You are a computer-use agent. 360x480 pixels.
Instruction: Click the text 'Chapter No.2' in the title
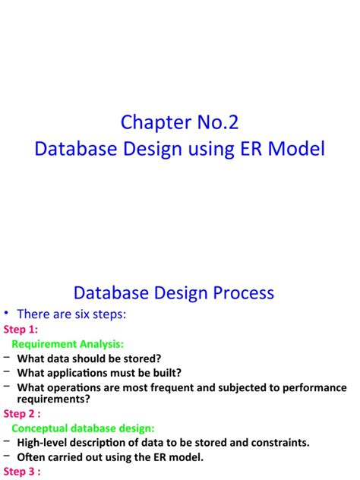tap(179, 122)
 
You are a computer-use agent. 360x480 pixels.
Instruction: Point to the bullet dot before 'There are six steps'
tap(6, 313)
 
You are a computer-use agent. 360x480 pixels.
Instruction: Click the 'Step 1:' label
tap(21, 330)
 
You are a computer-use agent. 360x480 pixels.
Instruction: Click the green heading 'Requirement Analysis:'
tap(68, 344)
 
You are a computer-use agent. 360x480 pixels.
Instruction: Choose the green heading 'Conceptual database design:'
tap(83, 428)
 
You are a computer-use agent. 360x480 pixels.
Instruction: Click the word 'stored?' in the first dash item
tap(141, 358)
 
